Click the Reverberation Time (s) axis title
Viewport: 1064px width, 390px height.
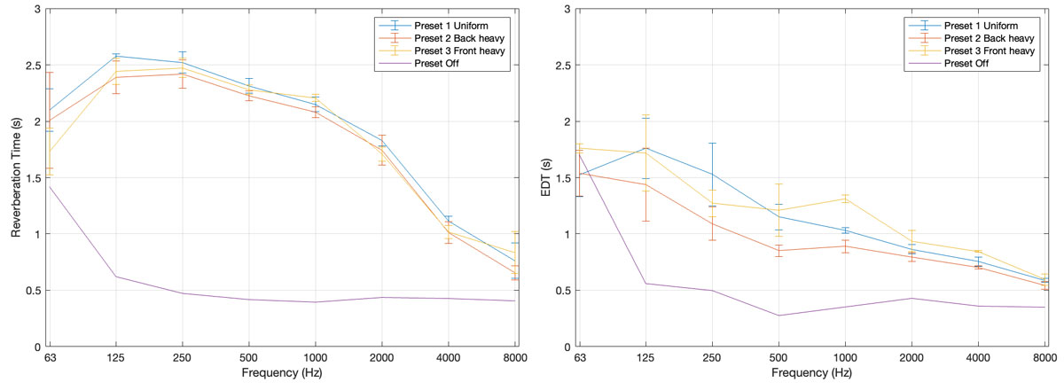[15, 177]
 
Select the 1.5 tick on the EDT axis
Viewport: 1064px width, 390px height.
[564, 177]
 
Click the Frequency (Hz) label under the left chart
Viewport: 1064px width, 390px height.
[281, 374]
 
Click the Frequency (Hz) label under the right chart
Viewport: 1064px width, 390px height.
[811, 374]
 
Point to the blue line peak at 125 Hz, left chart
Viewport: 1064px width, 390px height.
[115, 56]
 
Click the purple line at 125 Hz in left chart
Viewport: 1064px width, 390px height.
[115, 277]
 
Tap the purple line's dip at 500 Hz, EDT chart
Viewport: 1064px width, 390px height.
[778, 316]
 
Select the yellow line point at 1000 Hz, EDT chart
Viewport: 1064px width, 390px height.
[845, 199]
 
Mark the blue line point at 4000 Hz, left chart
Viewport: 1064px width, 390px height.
[449, 221]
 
